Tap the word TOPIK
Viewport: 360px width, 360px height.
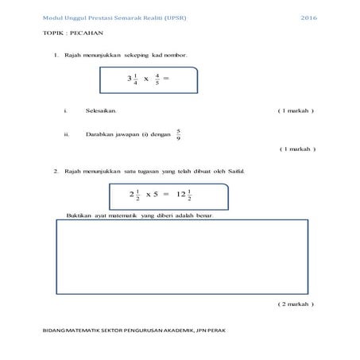point(54,35)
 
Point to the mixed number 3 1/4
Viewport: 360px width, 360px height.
point(133,79)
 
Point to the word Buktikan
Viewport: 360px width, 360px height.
point(80,216)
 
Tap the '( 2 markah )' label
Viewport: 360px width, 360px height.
point(296,304)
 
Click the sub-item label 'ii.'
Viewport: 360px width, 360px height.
point(66,134)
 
